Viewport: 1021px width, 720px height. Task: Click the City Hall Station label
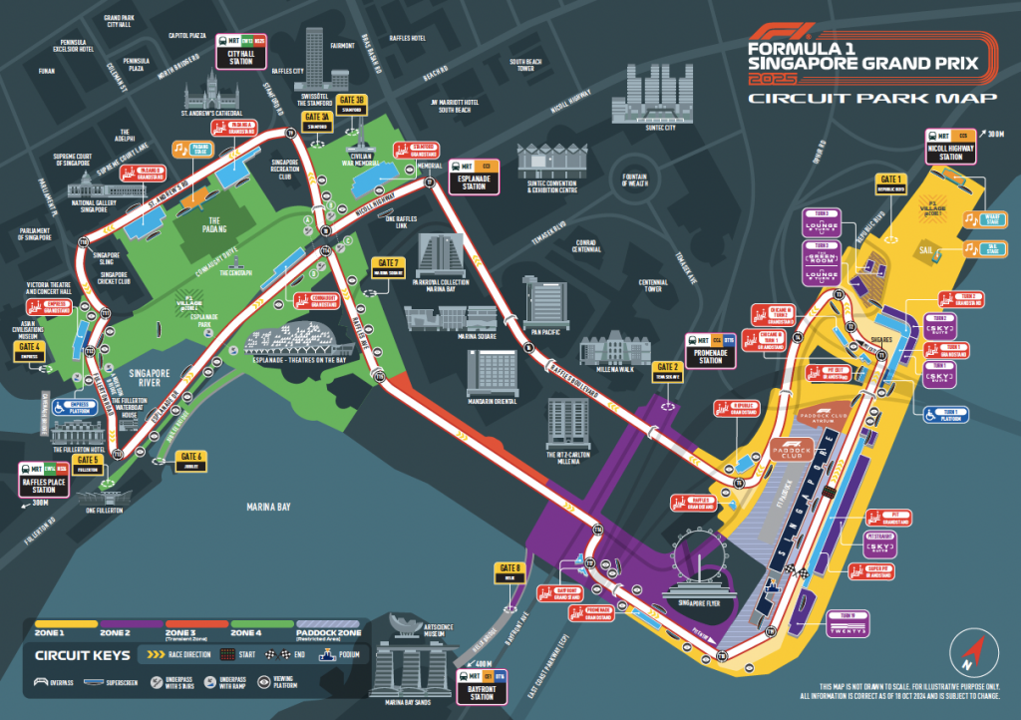click(x=242, y=55)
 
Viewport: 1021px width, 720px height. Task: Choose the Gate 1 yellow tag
click(x=890, y=182)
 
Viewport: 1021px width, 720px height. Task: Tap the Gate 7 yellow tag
click(x=386, y=267)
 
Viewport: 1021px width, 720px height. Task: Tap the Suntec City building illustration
click(x=652, y=100)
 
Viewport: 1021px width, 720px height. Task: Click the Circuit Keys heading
click(x=83, y=656)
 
